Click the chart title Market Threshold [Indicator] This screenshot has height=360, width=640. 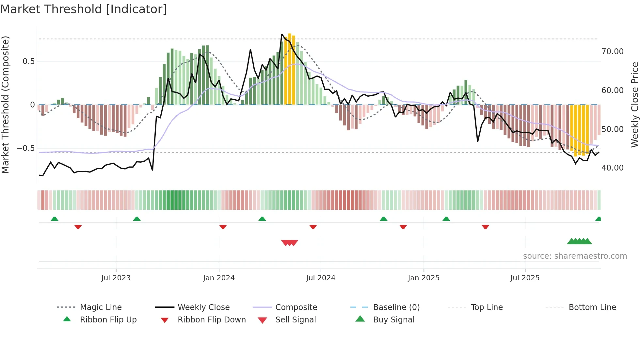tap(84, 9)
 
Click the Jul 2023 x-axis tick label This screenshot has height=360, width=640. tap(116, 278)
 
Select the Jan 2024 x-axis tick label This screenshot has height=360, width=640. tap(219, 278)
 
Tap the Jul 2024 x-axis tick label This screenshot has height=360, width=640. tap(321, 278)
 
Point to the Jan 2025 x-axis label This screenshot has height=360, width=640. tap(424, 278)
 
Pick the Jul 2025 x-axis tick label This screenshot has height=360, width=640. tap(525, 278)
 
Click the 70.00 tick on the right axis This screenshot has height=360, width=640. tap(613, 52)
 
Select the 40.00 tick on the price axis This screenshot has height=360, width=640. tap(613, 168)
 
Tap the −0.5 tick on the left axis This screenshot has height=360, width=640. tap(26, 148)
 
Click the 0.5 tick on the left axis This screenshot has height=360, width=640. tap(28, 61)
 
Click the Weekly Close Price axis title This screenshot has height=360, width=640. tap(634, 105)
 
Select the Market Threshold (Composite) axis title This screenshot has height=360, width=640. tap(5, 105)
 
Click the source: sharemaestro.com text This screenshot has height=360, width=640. tap(575, 256)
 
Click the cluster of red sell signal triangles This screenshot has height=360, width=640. tap(290, 243)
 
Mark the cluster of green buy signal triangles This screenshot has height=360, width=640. tap(580, 241)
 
